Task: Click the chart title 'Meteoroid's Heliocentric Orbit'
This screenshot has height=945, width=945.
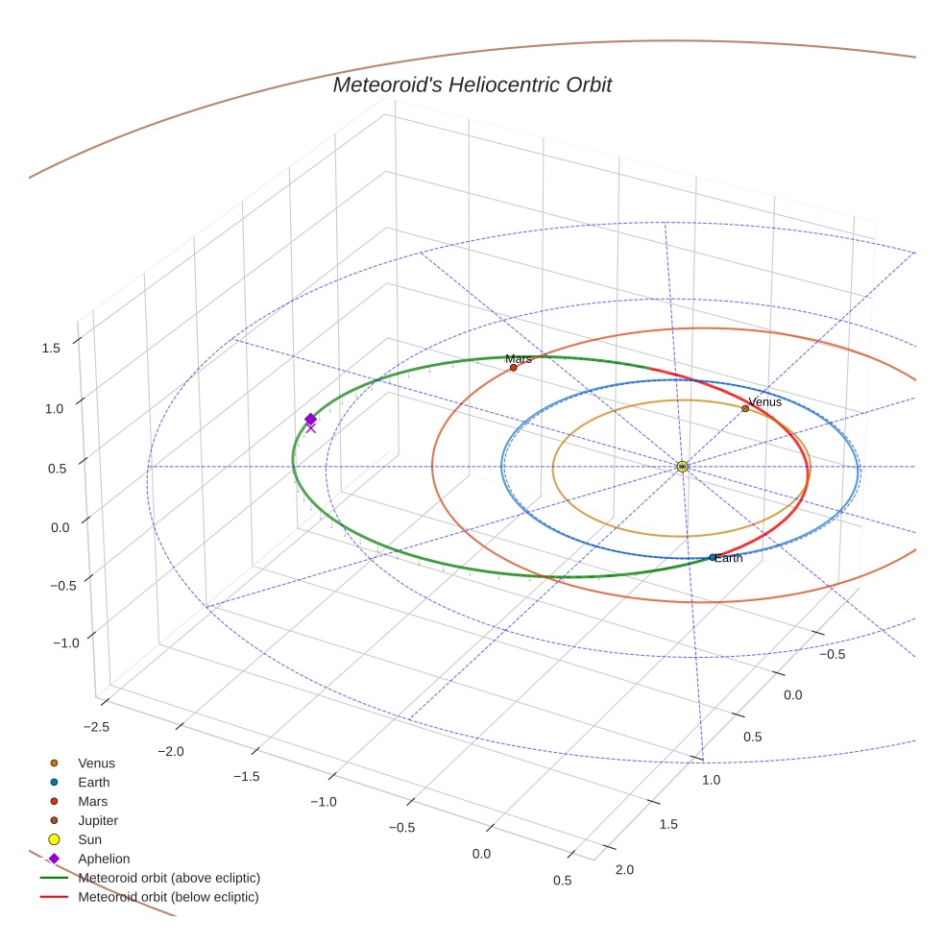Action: [472, 85]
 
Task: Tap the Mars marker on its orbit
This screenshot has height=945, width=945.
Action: [514, 368]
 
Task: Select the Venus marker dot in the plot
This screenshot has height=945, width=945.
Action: [745, 408]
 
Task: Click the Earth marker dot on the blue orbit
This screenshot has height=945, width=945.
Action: [712, 557]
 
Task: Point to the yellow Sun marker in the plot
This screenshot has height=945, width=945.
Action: [682, 467]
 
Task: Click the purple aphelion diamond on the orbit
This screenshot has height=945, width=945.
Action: [310, 419]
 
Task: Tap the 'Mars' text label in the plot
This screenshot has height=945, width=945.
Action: [519, 358]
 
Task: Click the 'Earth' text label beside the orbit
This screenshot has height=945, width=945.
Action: [729, 558]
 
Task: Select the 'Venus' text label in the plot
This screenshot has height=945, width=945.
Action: [765, 401]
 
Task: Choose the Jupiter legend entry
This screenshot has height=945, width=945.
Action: [98, 820]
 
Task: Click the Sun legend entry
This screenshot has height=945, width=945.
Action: [91, 839]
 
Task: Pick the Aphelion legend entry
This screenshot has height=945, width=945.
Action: [104, 859]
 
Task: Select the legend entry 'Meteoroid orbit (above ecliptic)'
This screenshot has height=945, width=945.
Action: [169, 878]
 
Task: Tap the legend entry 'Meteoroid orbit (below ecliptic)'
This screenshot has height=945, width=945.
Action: [169, 897]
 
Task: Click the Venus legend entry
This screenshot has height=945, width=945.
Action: [96, 763]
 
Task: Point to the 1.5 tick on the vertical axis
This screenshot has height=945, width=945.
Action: [51, 348]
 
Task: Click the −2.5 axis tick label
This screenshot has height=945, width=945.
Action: [96, 727]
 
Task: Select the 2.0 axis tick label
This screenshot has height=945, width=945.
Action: [623, 870]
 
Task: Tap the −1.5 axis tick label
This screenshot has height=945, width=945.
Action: [246, 775]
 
